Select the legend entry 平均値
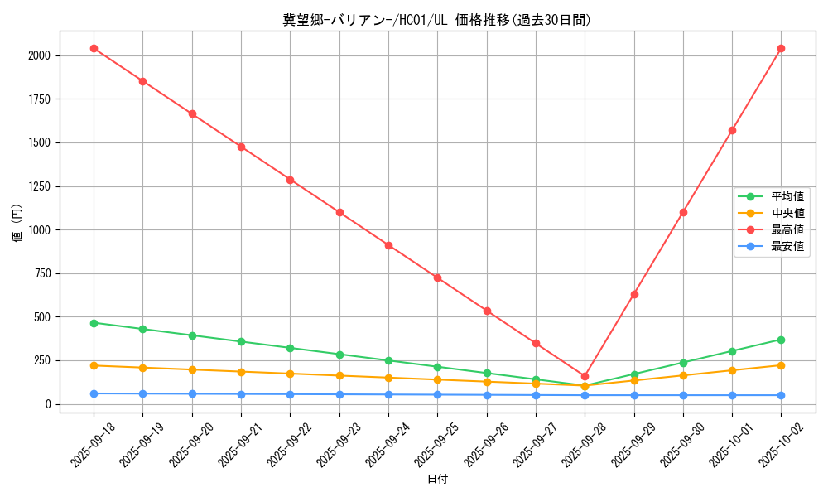tap(787, 196)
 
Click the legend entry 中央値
tap(787, 213)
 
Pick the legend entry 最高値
tap(787, 229)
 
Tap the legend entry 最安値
tap(787, 246)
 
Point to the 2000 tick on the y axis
tap(38, 55)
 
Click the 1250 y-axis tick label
tap(38, 186)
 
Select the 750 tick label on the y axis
tap(41, 273)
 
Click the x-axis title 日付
tap(437, 480)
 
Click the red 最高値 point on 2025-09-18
tap(94, 48)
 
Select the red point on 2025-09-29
tap(634, 294)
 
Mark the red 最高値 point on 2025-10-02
tap(781, 48)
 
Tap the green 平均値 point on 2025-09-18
tap(94, 323)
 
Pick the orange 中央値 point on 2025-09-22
tap(290, 374)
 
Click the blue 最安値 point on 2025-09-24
tap(388, 394)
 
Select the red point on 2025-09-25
tap(437, 277)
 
